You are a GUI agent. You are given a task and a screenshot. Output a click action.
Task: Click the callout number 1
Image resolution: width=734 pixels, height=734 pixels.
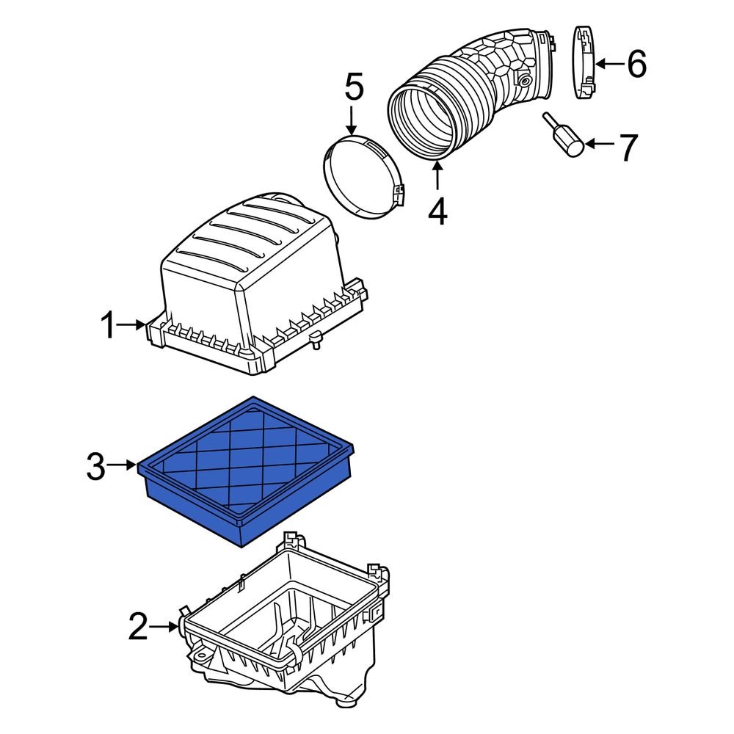(109, 325)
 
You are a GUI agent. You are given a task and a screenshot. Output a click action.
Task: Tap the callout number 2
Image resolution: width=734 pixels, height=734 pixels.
(138, 627)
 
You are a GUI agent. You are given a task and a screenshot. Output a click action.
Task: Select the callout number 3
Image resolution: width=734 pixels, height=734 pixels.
(96, 466)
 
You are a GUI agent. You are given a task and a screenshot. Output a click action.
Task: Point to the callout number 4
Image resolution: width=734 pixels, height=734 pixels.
(437, 212)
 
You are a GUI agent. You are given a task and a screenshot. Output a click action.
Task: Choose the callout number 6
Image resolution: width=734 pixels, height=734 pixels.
(636, 65)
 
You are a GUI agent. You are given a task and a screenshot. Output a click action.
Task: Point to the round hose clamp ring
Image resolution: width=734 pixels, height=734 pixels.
(363, 176)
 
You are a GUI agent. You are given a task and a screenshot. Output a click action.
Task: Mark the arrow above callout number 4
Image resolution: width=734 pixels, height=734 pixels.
(438, 176)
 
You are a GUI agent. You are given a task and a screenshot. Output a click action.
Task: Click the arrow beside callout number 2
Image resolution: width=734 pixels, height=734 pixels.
(164, 626)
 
